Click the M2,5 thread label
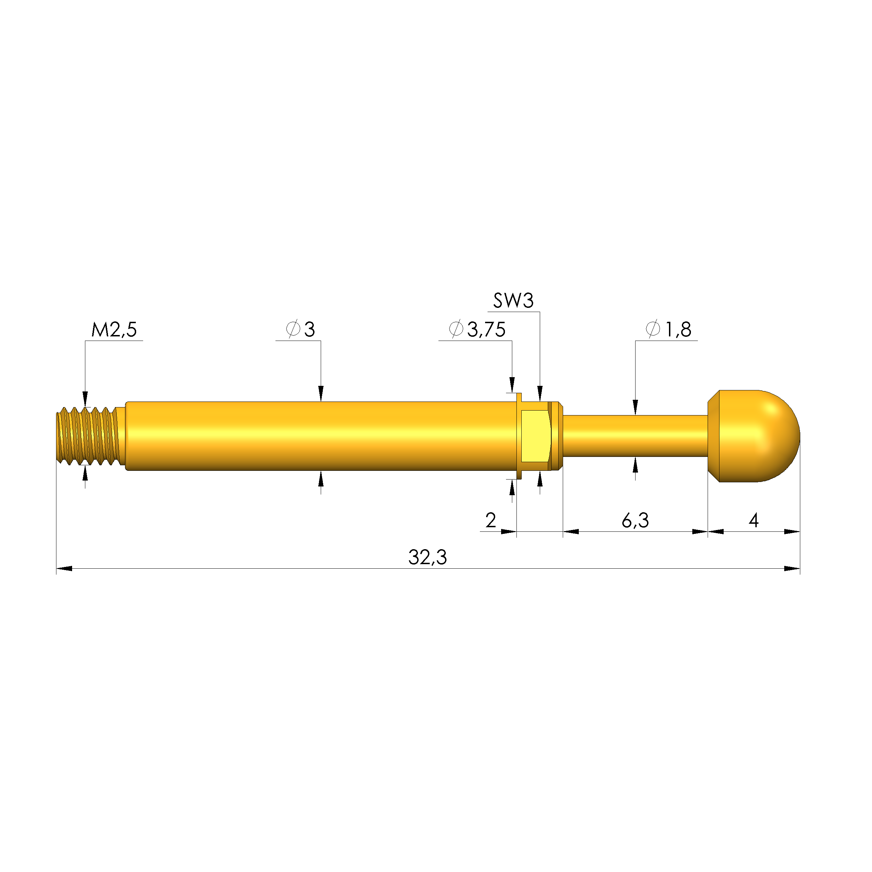pos(114,330)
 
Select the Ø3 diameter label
pos(301,329)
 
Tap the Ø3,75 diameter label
pos(477,329)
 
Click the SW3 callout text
pos(513,301)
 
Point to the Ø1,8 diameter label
pos(669,329)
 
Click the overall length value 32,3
pos(427,558)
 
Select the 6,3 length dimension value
pos(635,521)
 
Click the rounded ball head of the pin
pos(758,436)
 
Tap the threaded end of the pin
pos(88,436)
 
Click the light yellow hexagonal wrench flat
pos(536,436)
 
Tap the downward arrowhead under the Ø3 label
pos(321,394)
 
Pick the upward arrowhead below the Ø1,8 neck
pos(636,465)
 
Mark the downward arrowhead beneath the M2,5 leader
pos(85,399)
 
